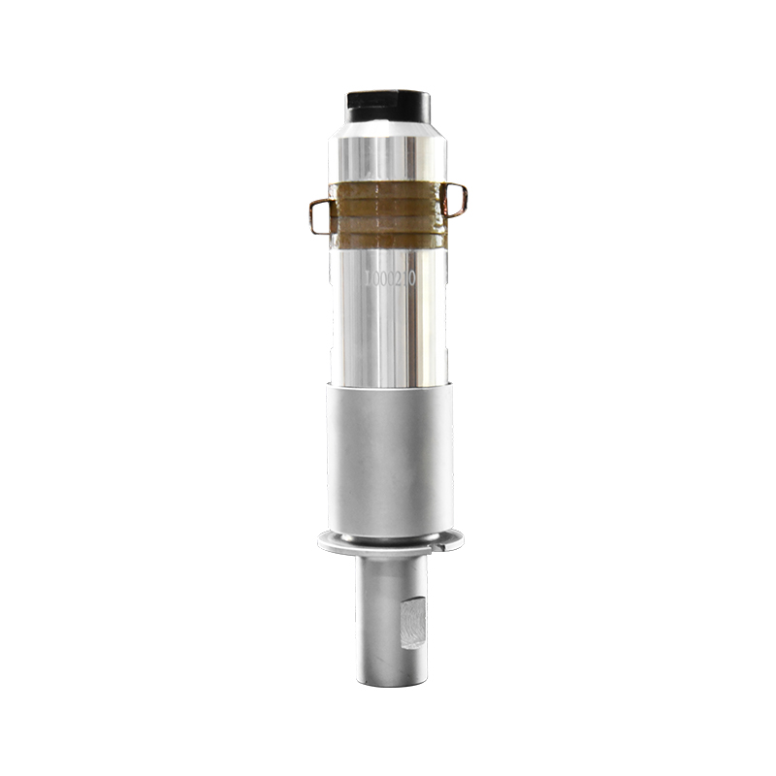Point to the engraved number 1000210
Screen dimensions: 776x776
pyautogui.click(x=389, y=278)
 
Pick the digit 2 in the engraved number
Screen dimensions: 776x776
pyautogui.click(x=398, y=278)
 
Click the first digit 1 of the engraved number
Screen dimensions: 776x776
pyautogui.click(x=367, y=278)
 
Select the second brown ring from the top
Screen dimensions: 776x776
pyautogui.click(x=388, y=204)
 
